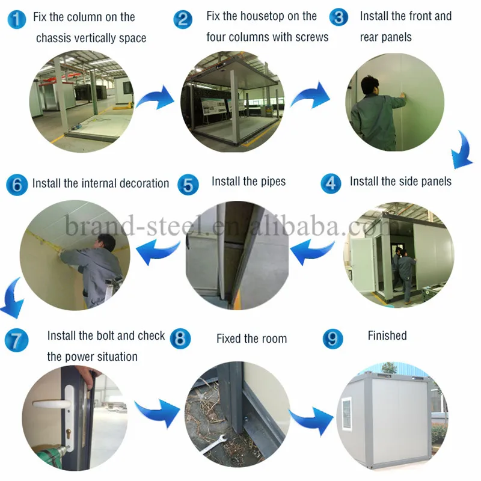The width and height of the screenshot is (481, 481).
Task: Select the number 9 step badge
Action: point(332,339)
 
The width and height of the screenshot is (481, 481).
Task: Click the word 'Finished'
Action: point(387,335)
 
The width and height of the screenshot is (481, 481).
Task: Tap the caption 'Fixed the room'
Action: point(251,339)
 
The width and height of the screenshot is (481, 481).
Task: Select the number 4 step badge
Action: point(330,183)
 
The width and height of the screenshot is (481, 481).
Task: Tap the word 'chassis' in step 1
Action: point(55,38)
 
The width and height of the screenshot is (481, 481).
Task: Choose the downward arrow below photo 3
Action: point(461,149)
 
